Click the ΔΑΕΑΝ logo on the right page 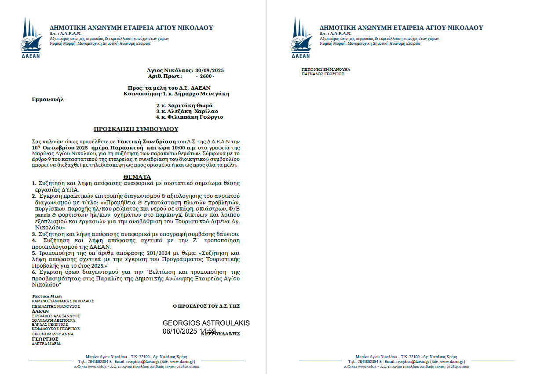click(x=301, y=38)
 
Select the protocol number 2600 click(x=207, y=76)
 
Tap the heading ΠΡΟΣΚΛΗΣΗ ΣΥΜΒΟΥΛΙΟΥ click(x=136, y=129)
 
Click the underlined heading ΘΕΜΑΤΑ click(x=136, y=177)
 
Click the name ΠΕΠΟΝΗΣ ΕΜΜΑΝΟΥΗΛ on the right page click(x=326, y=69)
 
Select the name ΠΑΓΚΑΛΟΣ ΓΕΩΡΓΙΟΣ click(x=323, y=74)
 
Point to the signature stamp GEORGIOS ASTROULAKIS click(x=206, y=323)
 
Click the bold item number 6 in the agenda click(x=33, y=272)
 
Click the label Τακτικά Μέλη click(x=47, y=296)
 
